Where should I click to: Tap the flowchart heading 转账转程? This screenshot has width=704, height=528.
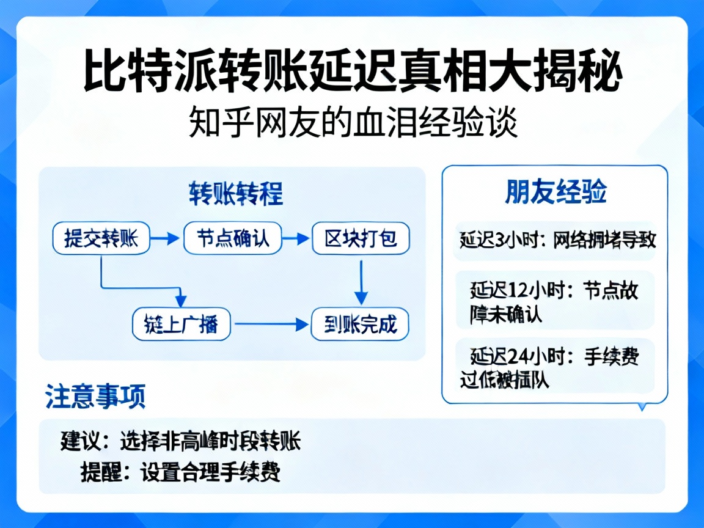(x=235, y=195)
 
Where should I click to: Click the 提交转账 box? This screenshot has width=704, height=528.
(x=101, y=238)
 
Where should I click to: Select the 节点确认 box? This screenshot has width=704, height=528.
(x=232, y=238)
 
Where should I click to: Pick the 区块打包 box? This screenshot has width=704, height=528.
(x=361, y=238)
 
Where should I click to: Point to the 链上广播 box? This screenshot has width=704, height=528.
(x=182, y=324)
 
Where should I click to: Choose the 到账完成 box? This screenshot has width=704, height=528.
(x=360, y=324)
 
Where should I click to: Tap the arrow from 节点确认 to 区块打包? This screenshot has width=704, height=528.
(x=296, y=238)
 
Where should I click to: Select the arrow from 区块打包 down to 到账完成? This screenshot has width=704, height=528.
(x=361, y=281)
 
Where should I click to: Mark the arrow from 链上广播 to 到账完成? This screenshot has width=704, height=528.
(x=271, y=324)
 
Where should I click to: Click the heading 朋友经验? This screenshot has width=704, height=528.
(x=555, y=192)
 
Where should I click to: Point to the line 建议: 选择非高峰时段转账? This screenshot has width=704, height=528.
(x=181, y=441)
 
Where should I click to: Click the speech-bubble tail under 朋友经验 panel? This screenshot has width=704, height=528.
(x=642, y=406)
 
